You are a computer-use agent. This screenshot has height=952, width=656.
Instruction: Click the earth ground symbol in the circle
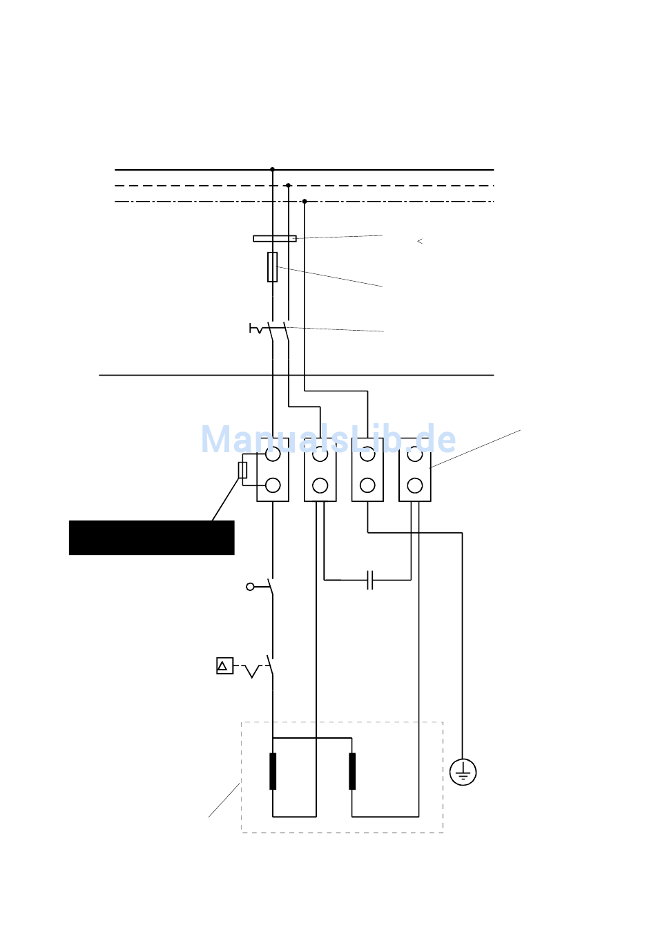point(463,772)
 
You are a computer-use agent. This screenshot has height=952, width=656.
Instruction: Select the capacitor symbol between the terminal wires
point(370,580)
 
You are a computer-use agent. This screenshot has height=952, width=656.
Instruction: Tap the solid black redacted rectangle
point(151,538)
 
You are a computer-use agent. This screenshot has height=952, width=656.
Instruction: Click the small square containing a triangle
point(224,666)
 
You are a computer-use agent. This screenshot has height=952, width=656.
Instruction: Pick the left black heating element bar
point(273,771)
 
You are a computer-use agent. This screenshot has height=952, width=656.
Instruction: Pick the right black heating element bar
point(352,771)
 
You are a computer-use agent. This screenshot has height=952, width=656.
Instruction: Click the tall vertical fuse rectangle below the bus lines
point(273,267)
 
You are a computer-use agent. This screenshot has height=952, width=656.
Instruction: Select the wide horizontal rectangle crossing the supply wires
point(275,239)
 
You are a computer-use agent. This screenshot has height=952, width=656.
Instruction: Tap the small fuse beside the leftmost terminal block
point(242,470)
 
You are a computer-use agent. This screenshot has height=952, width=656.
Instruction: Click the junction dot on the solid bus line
point(272,169)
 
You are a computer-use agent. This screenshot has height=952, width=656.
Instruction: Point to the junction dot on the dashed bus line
point(288,186)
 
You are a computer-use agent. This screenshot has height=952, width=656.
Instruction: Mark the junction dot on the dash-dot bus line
point(305,202)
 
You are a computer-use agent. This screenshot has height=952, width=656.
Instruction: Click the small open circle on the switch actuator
point(250,587)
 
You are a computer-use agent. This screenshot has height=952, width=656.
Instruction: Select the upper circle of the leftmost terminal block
point(273,454)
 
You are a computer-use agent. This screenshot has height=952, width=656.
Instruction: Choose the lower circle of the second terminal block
point(320,485)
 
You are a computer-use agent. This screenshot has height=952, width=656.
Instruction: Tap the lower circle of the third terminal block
point(367,485)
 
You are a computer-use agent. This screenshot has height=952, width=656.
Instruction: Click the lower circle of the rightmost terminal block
point(415,485)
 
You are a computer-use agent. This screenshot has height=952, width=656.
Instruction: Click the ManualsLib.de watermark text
point(329,439)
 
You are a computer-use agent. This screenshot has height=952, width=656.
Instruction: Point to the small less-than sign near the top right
point(420,241)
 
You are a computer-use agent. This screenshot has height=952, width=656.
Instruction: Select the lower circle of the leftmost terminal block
point(273,485)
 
